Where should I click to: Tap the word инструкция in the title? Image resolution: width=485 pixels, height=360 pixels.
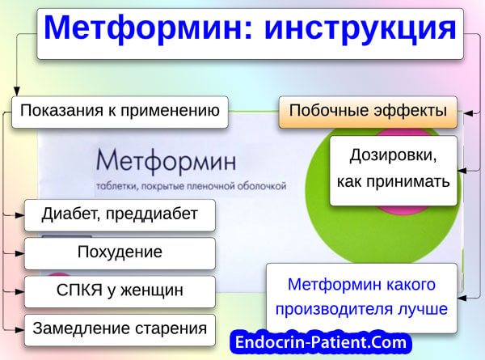(x=361, y=29)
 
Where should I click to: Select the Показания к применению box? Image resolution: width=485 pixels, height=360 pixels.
(x=120, y=112)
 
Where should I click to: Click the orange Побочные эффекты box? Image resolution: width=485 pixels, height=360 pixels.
(x=368, y=112)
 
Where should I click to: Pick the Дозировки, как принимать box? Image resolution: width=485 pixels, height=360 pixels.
(x=393, y=170)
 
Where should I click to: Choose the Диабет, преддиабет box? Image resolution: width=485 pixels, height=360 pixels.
(x=120, y=215)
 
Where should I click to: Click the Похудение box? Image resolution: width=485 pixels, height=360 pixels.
(x=120, y=253)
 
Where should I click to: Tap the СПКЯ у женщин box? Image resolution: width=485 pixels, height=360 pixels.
(x=120, y=291)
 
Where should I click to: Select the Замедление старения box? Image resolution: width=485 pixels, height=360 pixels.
(x=120, y=330)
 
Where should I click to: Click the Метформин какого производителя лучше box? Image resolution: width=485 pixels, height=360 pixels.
(x=361, y=298)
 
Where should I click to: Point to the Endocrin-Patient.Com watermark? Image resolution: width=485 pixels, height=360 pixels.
(x=321, y=343)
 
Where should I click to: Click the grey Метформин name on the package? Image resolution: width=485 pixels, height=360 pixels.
(x=166, y=161)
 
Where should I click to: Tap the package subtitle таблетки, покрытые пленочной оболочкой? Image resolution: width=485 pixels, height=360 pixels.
(x=191, y=186)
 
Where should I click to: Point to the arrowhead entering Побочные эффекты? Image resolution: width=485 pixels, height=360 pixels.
(x=468, y=113)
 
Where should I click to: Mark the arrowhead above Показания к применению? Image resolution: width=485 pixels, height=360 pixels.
(x=17, y=91)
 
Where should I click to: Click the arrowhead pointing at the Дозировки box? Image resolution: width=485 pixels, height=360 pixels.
(x=462, y=171)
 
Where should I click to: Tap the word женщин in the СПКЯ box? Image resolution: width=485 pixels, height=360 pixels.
(x=152, y=291)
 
